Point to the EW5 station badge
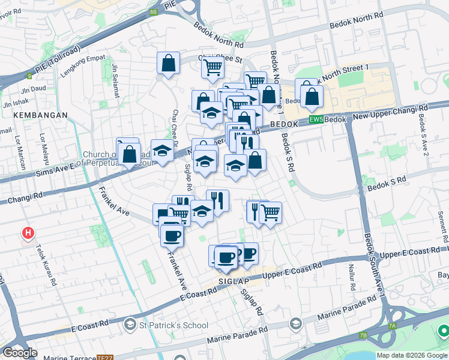tap(316, 120)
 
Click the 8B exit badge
tap(153, 11)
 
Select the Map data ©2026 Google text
tap(412, 355)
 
